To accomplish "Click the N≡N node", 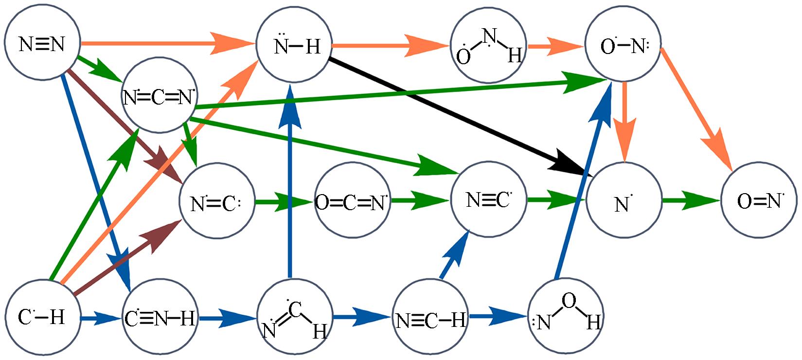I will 42,44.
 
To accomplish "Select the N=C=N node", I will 159,96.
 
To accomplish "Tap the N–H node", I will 294,46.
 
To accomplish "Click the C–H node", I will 42,317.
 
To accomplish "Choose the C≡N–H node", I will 160,319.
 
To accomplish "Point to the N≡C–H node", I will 430,319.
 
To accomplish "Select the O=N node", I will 758,200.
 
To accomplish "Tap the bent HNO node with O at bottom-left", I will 488,46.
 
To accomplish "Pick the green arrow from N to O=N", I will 691,200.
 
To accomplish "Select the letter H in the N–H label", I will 312,47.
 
